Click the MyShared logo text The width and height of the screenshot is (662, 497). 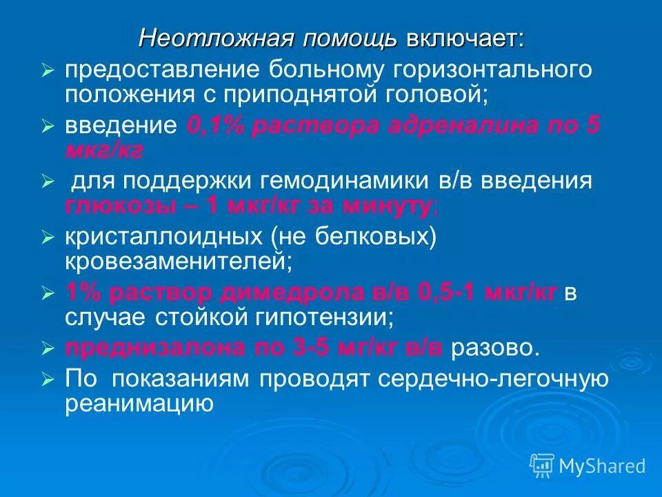point(602,466)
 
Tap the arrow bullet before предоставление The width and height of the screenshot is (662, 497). point(47,71)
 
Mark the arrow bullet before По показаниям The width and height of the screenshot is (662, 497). point(47,380)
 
